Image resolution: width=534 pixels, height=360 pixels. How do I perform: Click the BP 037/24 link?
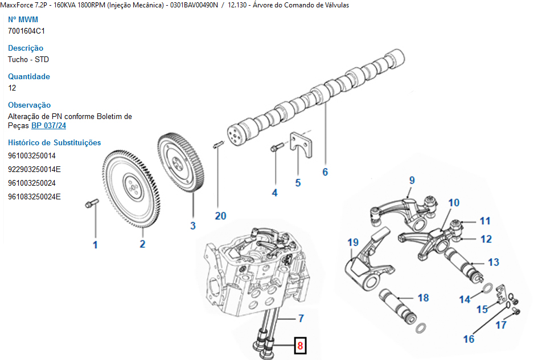[49, 125]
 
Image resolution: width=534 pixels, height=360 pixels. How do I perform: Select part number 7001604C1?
[26, 31]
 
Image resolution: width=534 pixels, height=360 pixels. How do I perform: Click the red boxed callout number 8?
[300, 346]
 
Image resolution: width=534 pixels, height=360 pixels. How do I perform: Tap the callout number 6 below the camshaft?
[325, 172]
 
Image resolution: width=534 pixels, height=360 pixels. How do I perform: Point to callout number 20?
[220, 216]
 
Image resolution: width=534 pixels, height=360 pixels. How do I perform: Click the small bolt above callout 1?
[92, 203]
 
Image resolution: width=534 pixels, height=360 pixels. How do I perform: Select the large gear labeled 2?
[131, 189]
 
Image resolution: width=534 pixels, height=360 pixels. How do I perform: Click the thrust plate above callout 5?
[301, 145]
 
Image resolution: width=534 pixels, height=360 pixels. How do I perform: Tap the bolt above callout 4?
[277, 148]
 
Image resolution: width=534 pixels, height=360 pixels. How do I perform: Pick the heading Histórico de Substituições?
[55, 142]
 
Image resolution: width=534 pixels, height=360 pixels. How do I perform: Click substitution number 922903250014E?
[34, 169]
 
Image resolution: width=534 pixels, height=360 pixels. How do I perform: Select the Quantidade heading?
[29, 76]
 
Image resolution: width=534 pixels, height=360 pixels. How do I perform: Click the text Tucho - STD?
[28, 59]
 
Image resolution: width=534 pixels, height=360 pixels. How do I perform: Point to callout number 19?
[353, 243]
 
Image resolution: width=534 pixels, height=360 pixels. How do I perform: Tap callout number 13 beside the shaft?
[494, 262]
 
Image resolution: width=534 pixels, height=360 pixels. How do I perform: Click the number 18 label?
[424, 298]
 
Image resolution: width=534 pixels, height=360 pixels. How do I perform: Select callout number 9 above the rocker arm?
[412, 181]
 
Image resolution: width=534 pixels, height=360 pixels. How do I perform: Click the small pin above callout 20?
[218, 145]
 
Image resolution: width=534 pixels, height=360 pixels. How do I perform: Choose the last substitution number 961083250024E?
[34, 197]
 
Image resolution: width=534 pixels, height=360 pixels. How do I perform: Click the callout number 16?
[469, 339]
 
